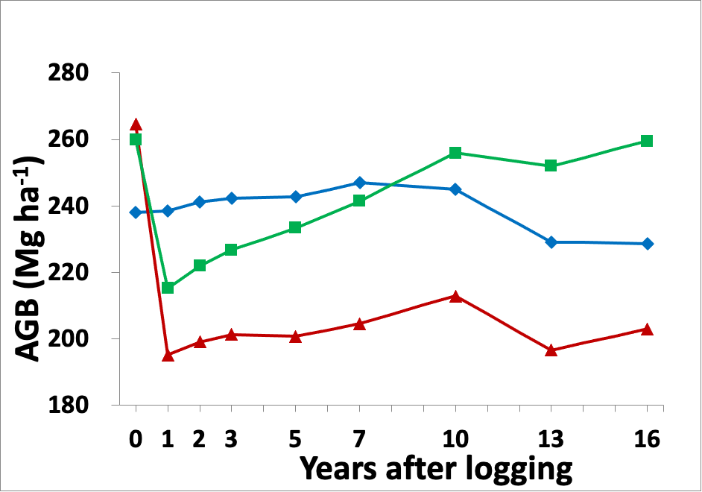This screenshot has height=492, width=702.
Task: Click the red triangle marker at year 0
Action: click(136, 124)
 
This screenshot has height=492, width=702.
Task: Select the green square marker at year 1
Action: click(168, 288)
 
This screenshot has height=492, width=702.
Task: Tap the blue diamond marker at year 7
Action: click(359, 183)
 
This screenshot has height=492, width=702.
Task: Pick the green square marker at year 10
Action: click(455, 153)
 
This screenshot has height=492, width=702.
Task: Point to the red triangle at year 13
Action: click(551, 350)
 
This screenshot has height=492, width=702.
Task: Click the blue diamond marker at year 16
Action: click(647, 244)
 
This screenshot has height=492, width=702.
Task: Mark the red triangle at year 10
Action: click(455, 296)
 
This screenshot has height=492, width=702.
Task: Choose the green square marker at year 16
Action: click(647, 141)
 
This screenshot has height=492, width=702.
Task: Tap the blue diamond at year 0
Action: click(136, 212)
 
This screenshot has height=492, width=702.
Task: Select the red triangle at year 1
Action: click(168, 356)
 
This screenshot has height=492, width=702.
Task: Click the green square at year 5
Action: click(295, 227)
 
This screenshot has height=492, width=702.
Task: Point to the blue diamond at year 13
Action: click(551, 242)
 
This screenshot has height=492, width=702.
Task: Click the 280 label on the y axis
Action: click(69, 74)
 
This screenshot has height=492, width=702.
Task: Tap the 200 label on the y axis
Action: click(69, 339)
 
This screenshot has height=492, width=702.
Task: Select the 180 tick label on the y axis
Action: click(69, 406)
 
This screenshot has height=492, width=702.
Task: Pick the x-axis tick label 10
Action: click(455, 440)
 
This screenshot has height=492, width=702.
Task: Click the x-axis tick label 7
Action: click(359, 440)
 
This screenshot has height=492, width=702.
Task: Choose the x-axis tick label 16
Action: click(647, 440)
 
